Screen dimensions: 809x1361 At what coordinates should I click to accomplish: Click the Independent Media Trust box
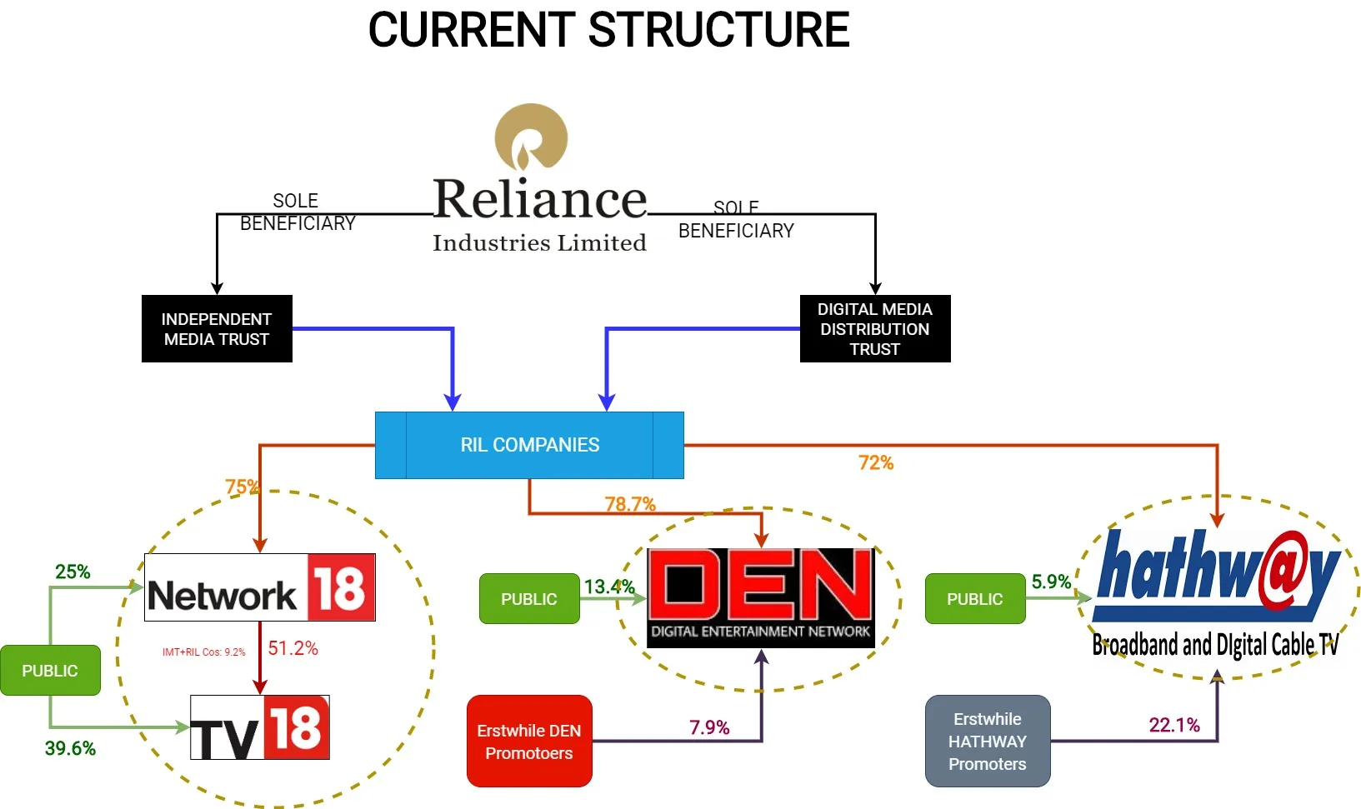tap(217, 329)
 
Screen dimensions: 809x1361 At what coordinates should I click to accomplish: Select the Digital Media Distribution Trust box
tap(874, 329)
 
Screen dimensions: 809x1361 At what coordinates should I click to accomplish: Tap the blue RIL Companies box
tap(529, 445)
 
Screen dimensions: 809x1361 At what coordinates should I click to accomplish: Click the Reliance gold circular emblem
tap(531, 138)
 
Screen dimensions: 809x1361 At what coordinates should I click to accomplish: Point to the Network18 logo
tap(259, 587)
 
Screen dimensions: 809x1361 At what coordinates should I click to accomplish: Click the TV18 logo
tap(259, 727)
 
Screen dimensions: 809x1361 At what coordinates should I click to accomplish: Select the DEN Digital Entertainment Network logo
tap(760, 597)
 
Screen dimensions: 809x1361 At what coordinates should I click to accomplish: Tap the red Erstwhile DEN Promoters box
tap(529, 742)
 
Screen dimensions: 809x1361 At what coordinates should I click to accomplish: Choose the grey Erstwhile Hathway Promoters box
tap(987, 742)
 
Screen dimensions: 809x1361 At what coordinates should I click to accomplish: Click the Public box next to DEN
tap(528, 599)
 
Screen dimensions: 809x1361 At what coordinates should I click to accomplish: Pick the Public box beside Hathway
tap(974, 599)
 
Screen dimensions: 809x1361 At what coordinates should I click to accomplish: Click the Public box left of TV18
tap(50, 671)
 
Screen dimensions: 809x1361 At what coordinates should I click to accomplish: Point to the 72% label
tap(875, 463)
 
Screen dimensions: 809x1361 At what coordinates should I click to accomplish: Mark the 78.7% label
tap(630, 504)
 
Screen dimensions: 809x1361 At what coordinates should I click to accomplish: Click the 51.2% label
tap(293, 649)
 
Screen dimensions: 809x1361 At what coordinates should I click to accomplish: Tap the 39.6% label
tap(70, 748)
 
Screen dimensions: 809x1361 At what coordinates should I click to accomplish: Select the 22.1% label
tap(1173, 726)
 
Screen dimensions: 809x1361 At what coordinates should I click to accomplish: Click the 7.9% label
tap(708, 728)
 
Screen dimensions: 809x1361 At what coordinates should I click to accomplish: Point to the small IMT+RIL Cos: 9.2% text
tap(203, 652)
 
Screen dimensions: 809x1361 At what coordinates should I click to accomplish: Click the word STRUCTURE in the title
tap(718, 31)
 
